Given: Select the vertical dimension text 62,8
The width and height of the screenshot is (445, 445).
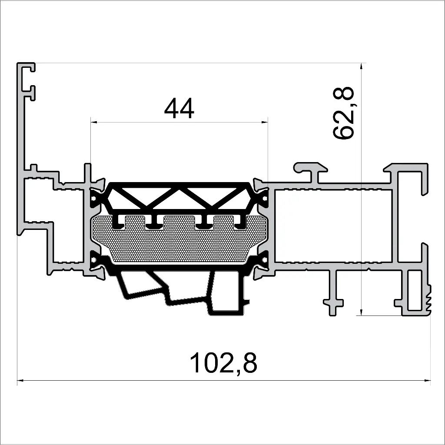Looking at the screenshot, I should (x=344, y=113).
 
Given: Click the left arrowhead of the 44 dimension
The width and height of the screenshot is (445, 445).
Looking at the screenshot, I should (x=93, y=123).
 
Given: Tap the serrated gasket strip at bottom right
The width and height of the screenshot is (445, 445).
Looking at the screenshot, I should (x=430, y=300).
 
